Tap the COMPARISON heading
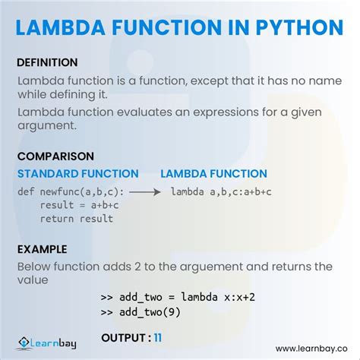pyautogui.click(x=55, y=156)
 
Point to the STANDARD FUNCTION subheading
pyautogui.click(x=78, y=174)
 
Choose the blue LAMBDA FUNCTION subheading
pyautogui.click(x=214, y=174)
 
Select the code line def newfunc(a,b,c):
pyautogui.click(x=71, y=191)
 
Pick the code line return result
pyautogui.click(x=77, y=219)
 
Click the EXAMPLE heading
pyautogui.click(x=43, y=249)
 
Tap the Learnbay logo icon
pyautogui.click(x=22, y=344)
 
